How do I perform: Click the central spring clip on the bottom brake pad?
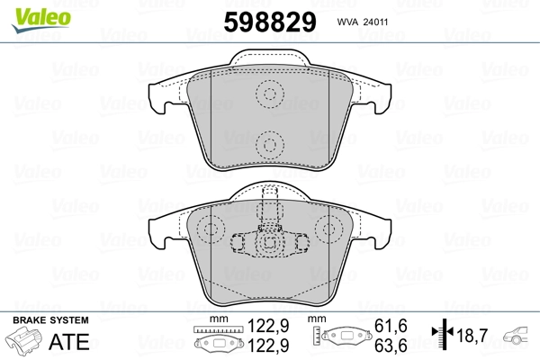coord(268,241)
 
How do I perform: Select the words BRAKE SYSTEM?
coord(49,321)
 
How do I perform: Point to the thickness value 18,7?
coord(472,335)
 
